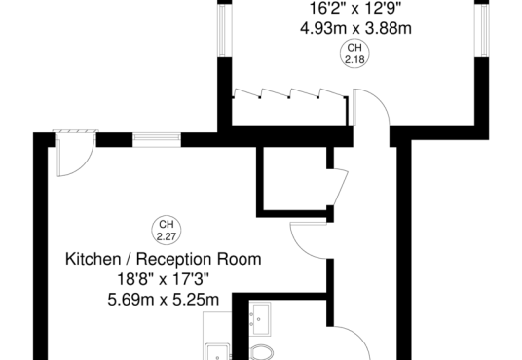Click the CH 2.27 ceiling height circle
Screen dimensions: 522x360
(x=167, y=230)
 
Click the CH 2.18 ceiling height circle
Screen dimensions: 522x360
(x=354, y=54)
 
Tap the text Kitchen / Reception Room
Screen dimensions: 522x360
(x=164, y=259)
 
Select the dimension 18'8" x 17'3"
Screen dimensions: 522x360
(x=164, y=279)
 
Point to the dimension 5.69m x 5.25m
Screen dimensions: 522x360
(x=164, y=300)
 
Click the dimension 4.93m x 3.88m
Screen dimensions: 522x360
(x=355, y=28)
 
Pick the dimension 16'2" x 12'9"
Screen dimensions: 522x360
(x=355, y=8)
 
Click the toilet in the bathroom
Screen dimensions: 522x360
(x=261, y=352)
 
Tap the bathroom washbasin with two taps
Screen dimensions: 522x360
(x=260, y=319)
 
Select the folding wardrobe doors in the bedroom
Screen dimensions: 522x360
(x=289, y=93)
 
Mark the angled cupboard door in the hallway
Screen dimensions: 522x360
(x=341, y=188)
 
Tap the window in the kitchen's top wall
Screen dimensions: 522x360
(x=157, y=140)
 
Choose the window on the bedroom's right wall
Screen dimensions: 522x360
(x=482, y=30)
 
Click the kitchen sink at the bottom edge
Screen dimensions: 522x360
(x=217, y=352)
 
